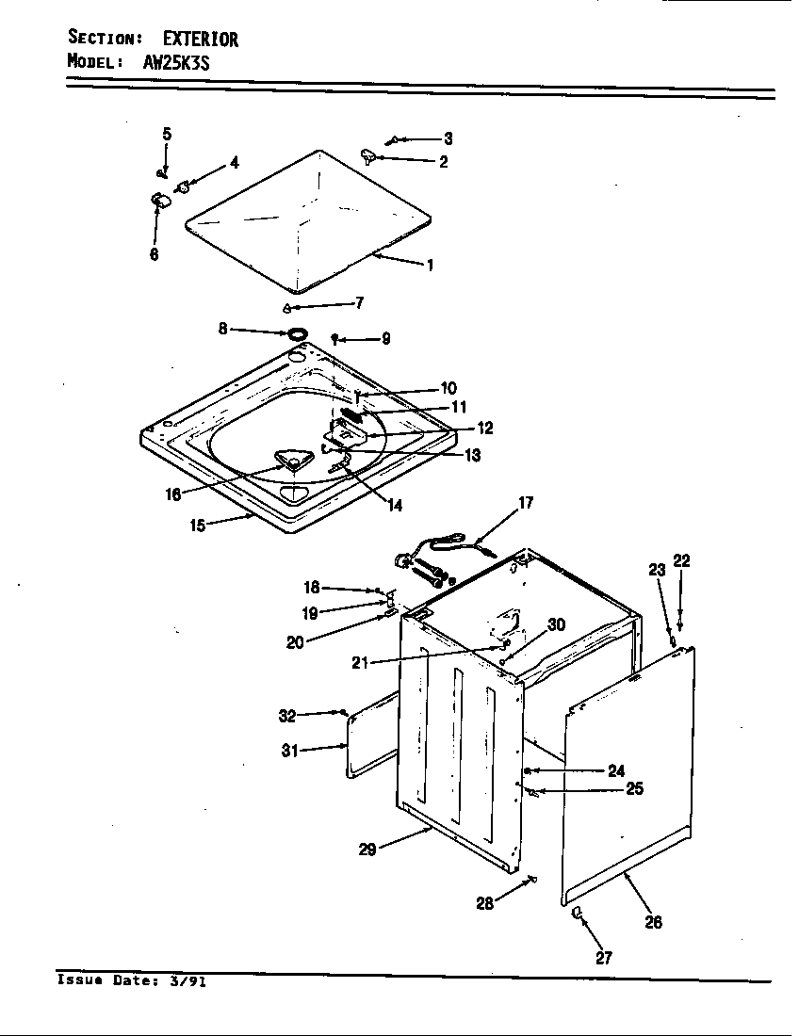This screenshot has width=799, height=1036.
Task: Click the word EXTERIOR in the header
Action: (201, 39)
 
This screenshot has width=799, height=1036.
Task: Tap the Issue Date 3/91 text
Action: (132, 979)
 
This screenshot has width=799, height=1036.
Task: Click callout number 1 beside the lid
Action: (430, 266)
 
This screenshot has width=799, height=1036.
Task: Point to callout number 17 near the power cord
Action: (525, 503)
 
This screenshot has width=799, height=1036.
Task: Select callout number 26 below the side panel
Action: (652, 921)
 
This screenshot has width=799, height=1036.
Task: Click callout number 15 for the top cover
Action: (197, 526)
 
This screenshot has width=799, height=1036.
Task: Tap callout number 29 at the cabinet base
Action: (367, 849)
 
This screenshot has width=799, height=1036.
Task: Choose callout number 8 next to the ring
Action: (223, 328)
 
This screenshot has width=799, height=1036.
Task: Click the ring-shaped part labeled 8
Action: (296, 332)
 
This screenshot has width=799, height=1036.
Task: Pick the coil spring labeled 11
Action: (351, 414)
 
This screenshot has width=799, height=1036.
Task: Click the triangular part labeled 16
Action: (292, 460)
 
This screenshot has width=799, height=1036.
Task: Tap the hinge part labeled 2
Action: (368, 155)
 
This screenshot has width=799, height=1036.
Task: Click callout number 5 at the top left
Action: (167, 134)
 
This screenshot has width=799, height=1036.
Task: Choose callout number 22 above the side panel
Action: (681, 561)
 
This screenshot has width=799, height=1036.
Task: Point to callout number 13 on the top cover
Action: (471, 455)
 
